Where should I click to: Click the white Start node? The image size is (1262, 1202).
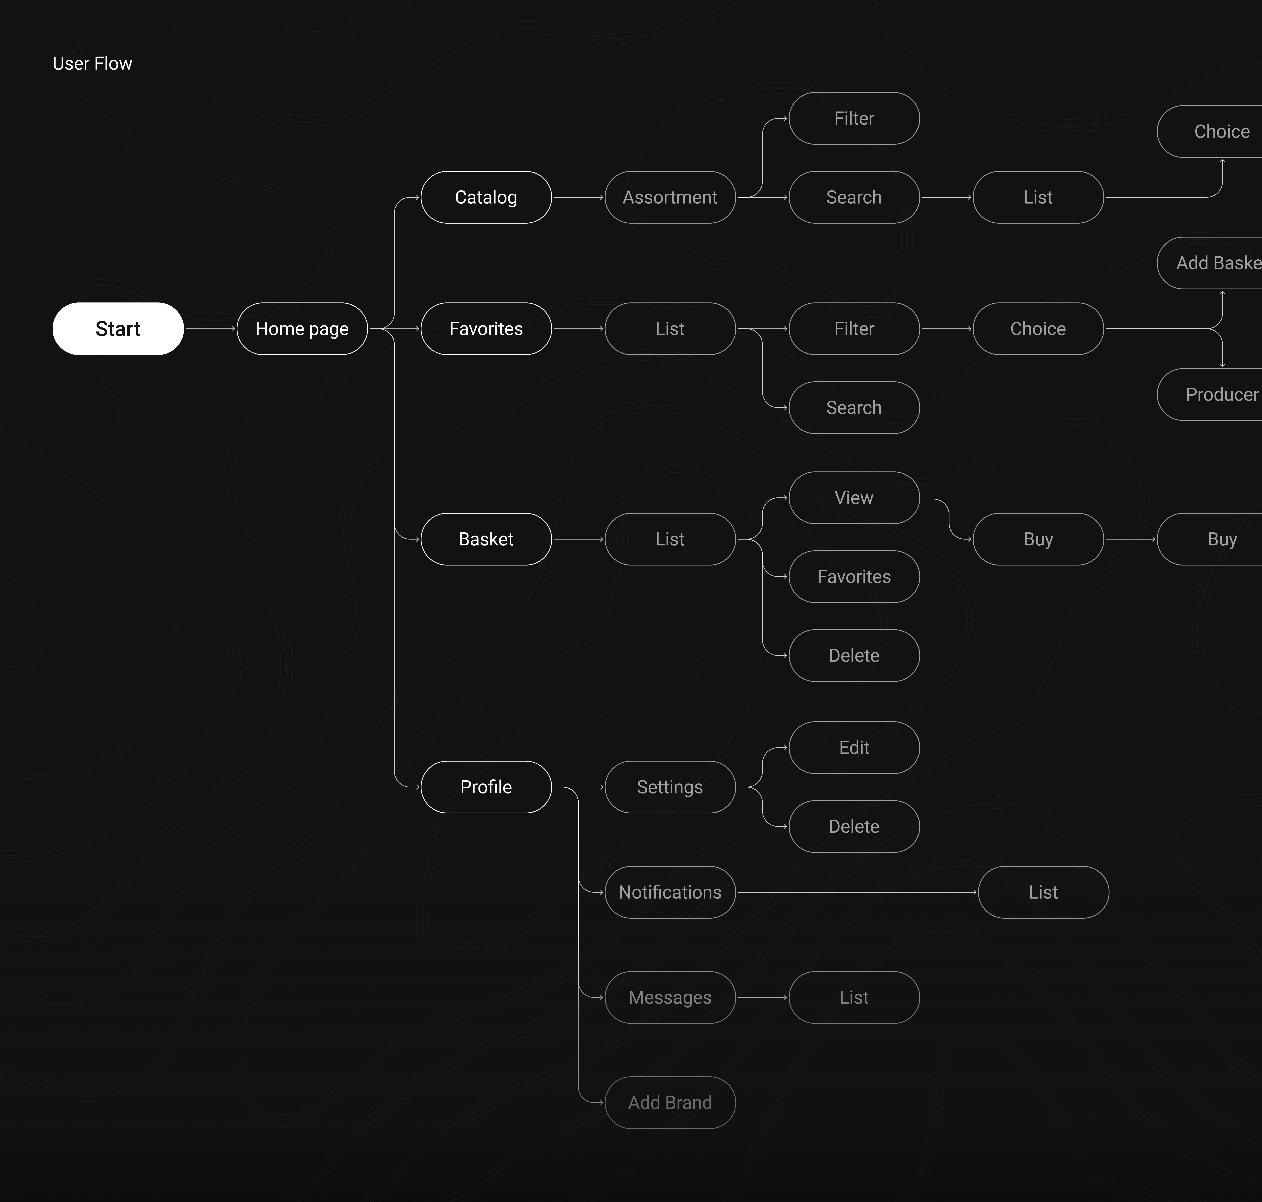[118, 329]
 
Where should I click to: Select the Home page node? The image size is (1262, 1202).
[302, 329]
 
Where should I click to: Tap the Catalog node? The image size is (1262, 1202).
[486, 197]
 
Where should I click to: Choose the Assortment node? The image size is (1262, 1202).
[669, 197]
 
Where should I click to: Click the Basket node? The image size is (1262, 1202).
[486, 539]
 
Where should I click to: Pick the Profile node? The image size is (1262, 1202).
[486, 787]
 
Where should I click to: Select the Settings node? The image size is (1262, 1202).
[669, 787]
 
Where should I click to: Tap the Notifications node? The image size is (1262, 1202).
[669, 892]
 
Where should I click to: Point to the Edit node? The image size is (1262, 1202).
[854, 748]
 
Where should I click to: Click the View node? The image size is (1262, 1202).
[854, 498]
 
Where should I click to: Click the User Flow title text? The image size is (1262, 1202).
[92, 63]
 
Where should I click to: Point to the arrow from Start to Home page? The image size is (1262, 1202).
[210, 329]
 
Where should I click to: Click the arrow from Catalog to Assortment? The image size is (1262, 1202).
[578, 197]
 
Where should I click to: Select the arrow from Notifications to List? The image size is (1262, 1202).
[856, 892]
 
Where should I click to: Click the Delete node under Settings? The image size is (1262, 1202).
[854, 827]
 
